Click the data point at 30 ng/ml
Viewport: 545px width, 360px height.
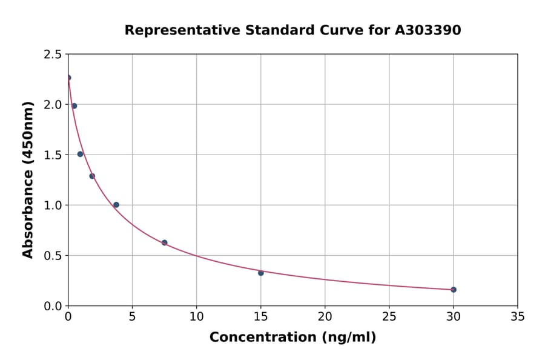(454, 290)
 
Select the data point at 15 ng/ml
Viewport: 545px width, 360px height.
(261, 273)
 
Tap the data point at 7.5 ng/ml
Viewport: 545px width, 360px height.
(165, 242)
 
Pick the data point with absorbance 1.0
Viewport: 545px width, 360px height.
(116, 205)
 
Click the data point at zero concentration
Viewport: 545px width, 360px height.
(68, 78)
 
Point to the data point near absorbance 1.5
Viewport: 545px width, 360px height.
(80, 154)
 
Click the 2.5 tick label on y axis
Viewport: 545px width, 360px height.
(53, 55)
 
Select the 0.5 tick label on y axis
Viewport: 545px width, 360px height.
(53, 256)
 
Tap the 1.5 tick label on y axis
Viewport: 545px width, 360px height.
(53, 155)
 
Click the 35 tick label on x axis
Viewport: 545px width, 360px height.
(518, 317)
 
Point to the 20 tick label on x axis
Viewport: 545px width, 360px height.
(325, 317)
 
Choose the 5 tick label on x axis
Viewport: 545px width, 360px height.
(133, 317)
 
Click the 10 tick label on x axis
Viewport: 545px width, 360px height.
(197, 317)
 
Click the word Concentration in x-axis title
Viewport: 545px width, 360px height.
(254, 338)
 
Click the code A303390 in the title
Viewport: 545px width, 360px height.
(428, 30)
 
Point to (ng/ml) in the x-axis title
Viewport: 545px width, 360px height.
(349, 338)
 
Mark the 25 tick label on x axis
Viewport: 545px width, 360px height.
(389, 317)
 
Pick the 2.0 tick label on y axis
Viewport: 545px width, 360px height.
(53, 105)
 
